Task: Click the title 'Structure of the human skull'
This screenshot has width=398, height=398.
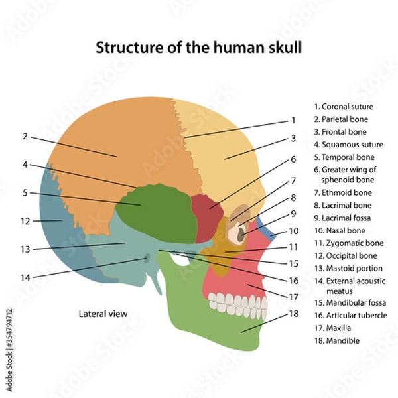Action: [200, 48]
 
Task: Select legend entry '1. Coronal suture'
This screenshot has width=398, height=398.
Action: [344, 106]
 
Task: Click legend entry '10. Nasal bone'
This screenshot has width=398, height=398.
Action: [342, 230]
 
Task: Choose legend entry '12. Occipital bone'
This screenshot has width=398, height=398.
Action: [345, 255]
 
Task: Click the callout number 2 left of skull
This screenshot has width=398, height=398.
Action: [24, 137]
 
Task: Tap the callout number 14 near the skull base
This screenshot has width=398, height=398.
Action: [25, 277]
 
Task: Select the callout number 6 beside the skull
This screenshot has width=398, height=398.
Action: [293, 159]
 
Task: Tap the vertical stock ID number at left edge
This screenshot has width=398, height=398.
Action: [8, 332]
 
